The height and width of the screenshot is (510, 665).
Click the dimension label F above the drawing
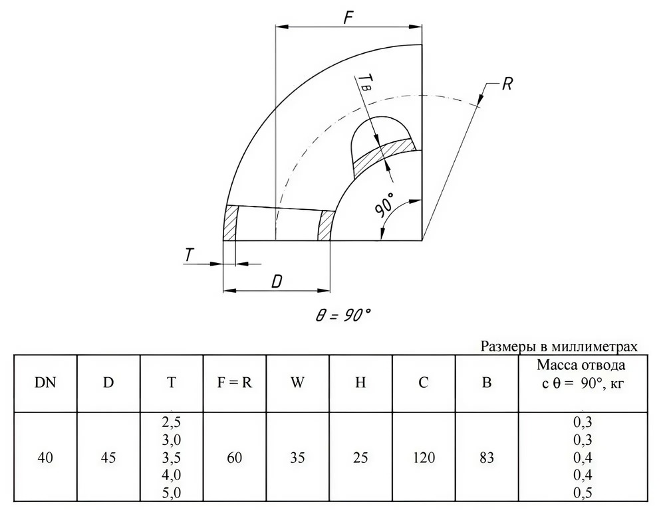tap(348, 17)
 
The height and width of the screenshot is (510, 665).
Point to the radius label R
tap(507, 84)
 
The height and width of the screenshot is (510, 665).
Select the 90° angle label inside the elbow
tap(384, 206)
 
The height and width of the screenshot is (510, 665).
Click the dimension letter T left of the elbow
tap(189, 255)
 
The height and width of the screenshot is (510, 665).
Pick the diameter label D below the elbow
tap(277, 282)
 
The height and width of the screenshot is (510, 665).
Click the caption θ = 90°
tap(342, 315)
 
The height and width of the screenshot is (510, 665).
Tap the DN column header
tap(45, 382)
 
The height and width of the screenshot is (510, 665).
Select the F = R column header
tap(235, 382)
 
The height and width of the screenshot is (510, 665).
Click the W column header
tap(297, 382)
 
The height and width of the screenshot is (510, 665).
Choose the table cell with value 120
tap(423, 458)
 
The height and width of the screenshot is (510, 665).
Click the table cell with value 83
tap(487, 458)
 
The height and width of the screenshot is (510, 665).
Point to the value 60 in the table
tap(235, 458)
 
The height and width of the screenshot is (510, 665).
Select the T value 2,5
tap(172, 422)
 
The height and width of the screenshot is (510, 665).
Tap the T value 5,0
tap(172, 493)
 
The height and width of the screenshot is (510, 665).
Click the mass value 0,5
tap(583, 493)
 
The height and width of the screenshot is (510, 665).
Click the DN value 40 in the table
tap(45, 458)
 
